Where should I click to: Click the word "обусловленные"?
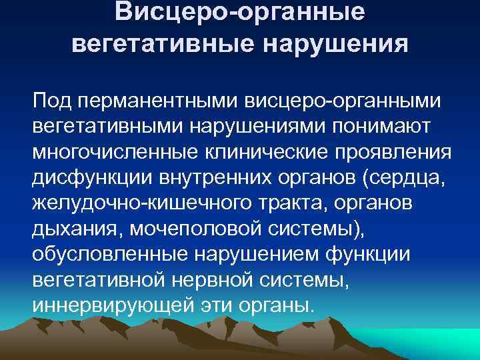pos(109,255)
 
